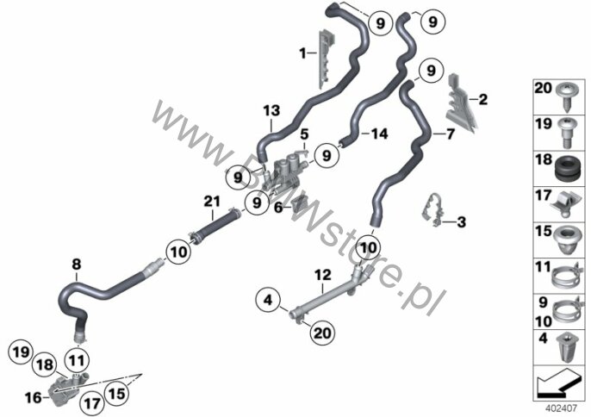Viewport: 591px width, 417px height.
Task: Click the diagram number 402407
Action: (557, 407)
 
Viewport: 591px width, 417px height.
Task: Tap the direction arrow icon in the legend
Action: (557, 380)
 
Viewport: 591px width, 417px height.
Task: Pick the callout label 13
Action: (271, 110)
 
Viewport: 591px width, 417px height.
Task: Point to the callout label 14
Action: (380, 134)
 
